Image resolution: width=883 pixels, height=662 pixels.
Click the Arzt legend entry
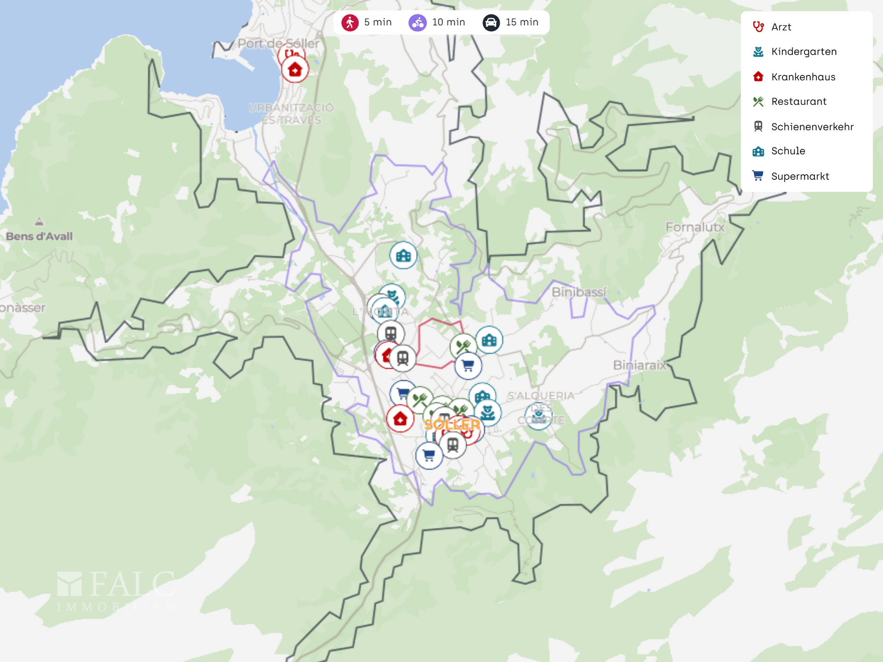point(781,27)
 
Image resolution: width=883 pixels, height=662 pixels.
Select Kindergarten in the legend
point(803,52)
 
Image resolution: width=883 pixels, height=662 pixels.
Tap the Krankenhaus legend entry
point(803,77)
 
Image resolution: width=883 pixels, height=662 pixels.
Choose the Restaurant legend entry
point(798,102)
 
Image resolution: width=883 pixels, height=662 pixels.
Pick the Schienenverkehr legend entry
point(812,127)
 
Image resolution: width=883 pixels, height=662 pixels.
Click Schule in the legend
point(788,151)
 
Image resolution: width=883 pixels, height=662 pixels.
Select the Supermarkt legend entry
point(800,177)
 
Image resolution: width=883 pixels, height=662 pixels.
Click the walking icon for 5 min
point(350,23)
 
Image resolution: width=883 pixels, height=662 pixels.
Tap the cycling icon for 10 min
point(418,23)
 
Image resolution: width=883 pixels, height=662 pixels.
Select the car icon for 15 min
point(491,23)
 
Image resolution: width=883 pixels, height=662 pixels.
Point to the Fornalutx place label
point(694,227)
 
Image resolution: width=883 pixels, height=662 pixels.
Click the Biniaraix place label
point(639,365)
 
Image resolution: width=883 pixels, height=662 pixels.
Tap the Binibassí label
point(579,292)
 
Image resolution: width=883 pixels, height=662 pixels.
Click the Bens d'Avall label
point(40,236)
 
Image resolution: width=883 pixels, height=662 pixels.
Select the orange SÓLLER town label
point(452,424)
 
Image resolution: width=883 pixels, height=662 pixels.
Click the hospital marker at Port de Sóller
point(295,70)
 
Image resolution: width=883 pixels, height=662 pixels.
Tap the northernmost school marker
point(403,255)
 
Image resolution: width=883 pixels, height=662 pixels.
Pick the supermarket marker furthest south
point(429,455)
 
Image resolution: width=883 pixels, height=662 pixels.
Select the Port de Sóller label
point(278,44)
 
